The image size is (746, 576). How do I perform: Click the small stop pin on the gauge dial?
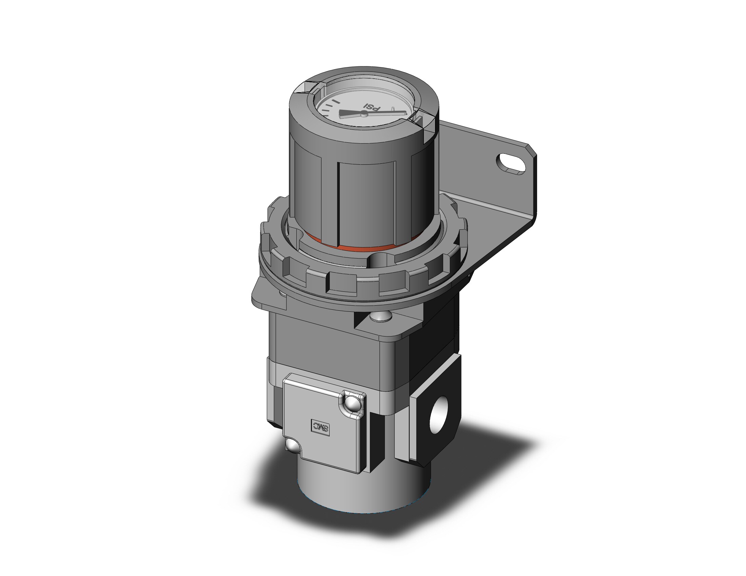[393, 109]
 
